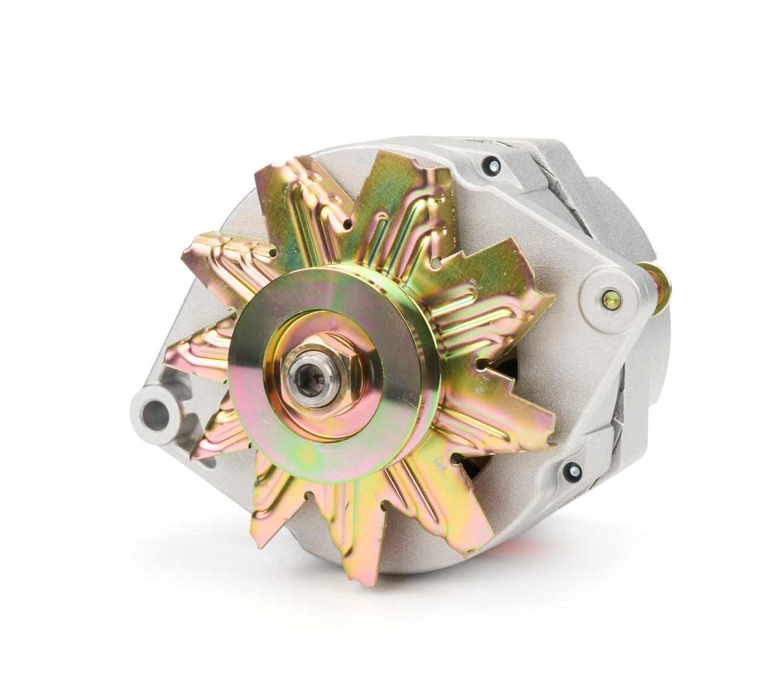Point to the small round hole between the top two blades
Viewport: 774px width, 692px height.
pyautogui.click(x=348, y=225)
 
